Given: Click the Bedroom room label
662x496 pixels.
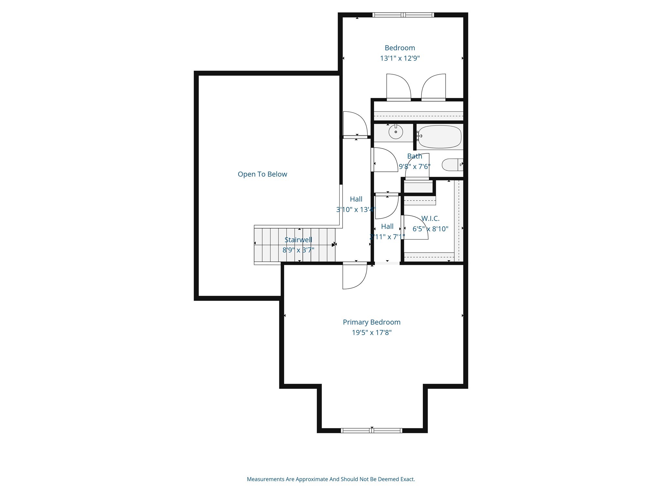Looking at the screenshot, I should pos(400,48).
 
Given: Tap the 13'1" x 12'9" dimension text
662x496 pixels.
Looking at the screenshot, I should pos(400,58).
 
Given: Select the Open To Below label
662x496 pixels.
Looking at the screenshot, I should pos(262,174).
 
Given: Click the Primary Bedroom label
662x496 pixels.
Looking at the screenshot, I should pos(371,322).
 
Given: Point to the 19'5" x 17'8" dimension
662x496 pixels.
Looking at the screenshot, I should pos(371,333).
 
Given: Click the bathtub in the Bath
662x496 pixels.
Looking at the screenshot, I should pos(440,137).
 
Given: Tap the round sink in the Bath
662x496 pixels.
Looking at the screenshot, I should pos(396,132).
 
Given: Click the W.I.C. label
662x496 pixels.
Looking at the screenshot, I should pos(430,219).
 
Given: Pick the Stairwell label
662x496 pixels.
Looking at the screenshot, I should pos(298,240).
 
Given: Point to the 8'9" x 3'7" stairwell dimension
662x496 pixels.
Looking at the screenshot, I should pos(298,250).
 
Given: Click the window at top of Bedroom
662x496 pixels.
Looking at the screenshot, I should pos(403,15).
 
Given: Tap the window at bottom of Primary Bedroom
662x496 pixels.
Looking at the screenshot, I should pos(371,430).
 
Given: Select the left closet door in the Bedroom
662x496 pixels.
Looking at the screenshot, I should pos(398,87).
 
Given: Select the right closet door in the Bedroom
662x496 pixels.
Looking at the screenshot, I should pos(434,87).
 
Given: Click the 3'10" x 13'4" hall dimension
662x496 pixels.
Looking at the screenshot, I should pos(356,210).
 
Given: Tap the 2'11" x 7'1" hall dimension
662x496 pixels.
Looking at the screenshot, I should pos(387,237).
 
